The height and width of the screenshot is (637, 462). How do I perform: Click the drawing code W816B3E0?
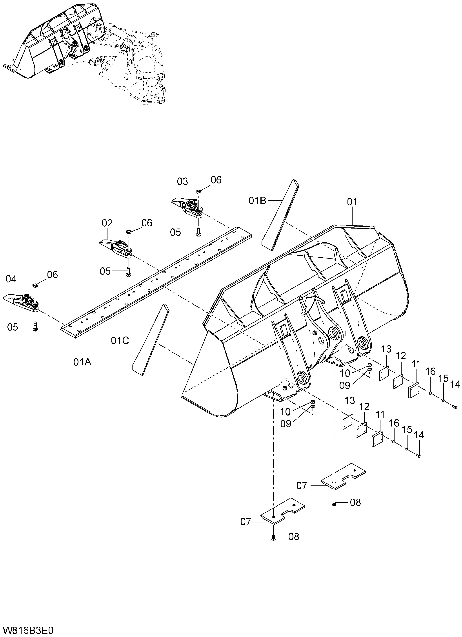27,630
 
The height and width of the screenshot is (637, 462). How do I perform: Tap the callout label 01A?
82,362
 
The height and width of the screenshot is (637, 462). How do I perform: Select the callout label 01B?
257,201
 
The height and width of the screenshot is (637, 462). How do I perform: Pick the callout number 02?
107,223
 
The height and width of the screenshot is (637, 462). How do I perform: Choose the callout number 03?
182,181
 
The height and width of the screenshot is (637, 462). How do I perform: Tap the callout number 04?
11,279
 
